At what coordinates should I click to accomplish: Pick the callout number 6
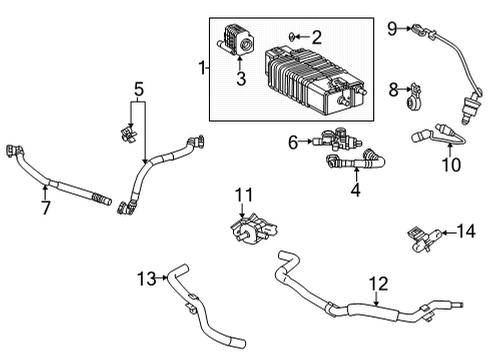293,143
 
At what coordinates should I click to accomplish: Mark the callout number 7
44,207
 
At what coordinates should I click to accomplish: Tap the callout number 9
393,27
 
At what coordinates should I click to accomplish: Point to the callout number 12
377,284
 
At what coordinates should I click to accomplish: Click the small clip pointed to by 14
420,263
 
